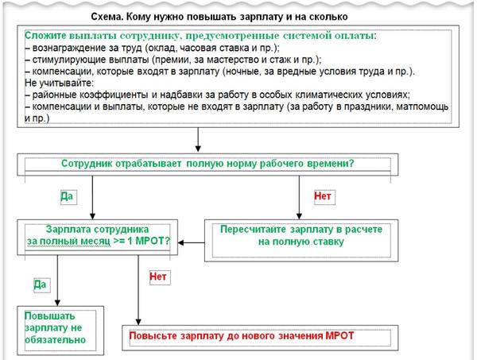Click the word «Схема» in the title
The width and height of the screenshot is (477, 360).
107,17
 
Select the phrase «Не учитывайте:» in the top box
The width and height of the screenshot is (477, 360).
60,83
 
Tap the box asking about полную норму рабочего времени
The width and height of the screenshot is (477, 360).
207,165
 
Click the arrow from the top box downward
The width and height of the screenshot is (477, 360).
198,139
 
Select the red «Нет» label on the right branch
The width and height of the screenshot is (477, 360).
323,196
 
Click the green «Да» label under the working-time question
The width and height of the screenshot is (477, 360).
67,196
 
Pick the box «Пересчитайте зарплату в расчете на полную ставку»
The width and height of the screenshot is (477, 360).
301,241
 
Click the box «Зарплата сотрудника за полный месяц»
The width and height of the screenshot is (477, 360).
97,237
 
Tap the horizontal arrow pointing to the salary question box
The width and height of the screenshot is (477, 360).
192,242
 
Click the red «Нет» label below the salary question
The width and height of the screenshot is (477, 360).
158,277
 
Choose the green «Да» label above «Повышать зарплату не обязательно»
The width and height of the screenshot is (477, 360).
40,285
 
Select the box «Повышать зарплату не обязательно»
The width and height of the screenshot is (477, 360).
60,331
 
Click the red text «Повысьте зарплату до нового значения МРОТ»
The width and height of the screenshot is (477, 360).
242,336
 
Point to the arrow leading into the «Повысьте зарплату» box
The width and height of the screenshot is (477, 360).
138,290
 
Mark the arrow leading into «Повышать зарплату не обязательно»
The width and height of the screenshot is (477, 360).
57,281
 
